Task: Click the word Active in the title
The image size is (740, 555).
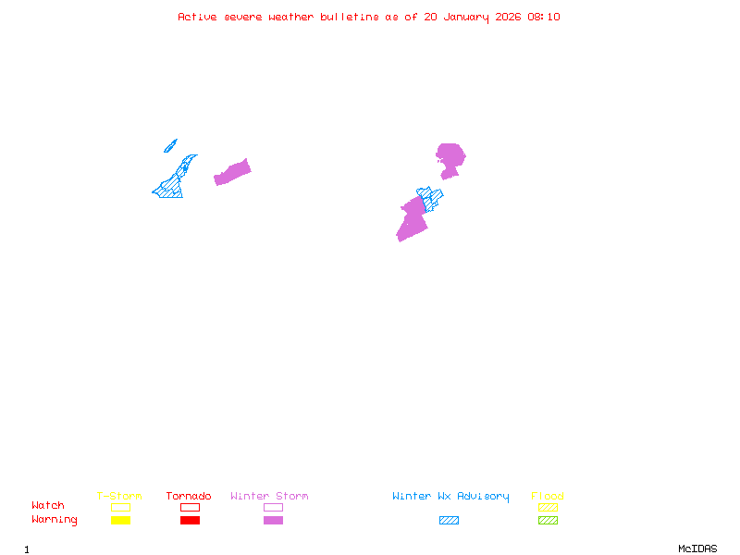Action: [x=198, y=17]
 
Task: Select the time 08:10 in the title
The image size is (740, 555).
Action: [x=546, y=17]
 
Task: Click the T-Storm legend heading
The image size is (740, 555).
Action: [x=119, y=497]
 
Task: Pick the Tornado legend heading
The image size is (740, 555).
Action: [x=189, y=497]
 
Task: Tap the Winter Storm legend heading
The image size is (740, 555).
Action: [x=269, y=497]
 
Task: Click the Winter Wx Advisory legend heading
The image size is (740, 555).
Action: [x=450, y=497]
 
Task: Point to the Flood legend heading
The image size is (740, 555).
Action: [x=548, y=497]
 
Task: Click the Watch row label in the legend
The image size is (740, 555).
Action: [x=48, y=506]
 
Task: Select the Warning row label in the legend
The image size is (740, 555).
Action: [x=55, y=520]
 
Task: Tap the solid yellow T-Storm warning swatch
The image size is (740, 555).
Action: [x=120, y=521]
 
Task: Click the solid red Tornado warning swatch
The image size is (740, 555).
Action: [x=190, y=521]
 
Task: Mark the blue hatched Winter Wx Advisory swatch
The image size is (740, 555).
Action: [x=449, y=521]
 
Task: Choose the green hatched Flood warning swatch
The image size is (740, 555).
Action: [x=548, y=521]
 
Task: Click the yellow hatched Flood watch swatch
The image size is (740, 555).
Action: [x=548, y=507]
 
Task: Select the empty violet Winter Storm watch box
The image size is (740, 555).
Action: [x=273, y=507]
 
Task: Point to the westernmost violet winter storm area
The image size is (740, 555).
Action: [x=232, y=172]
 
